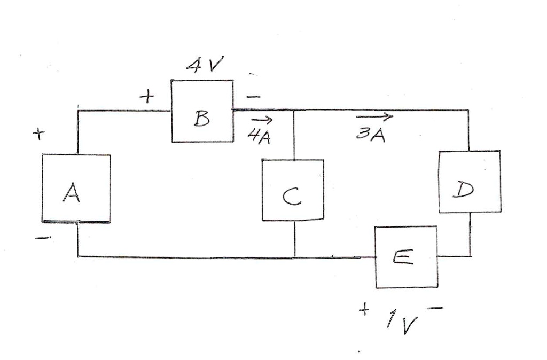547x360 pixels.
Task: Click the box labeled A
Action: [76, 188]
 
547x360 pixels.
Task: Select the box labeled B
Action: [202, 111]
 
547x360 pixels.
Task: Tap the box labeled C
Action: [292, 190]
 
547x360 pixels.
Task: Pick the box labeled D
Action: [469, 182]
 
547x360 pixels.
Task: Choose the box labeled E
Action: [405, 257]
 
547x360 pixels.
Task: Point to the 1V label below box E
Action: [402, 320]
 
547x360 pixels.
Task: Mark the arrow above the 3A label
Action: [374, 116]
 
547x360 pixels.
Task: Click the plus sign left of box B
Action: [146, 97]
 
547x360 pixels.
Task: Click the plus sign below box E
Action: [365, 310]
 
